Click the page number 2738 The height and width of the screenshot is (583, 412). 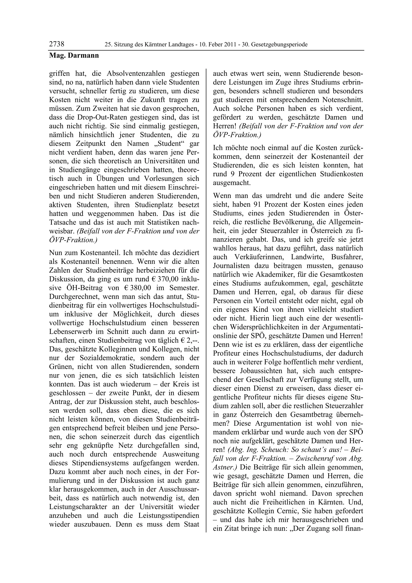click(57, 44)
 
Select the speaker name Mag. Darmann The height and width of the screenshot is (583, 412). click(74, 55)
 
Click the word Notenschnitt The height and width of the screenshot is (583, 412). click(339, 100)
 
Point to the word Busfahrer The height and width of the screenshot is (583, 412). click(347, 257)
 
